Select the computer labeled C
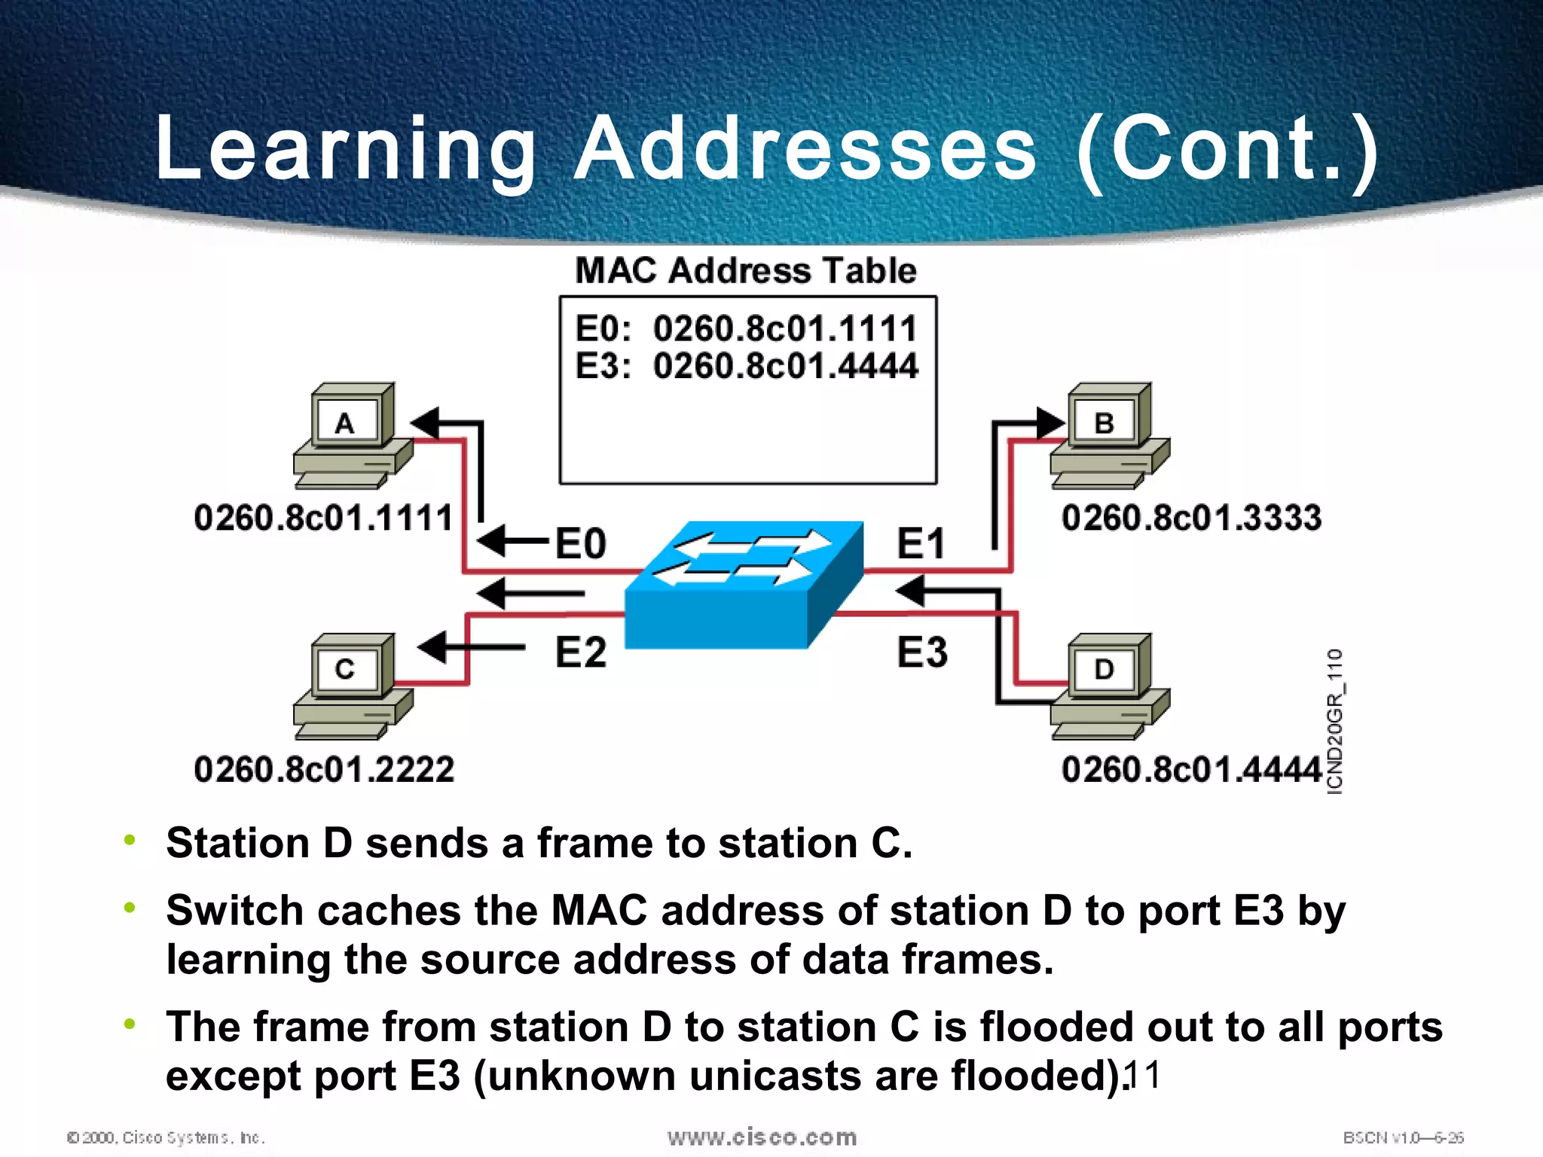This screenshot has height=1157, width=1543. coord(352,685)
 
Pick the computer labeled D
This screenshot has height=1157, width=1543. coord(1110,685)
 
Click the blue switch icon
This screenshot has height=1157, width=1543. coord(744,584)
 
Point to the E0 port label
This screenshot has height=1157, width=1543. coord(580,543)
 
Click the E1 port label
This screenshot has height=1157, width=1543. coord(921,543)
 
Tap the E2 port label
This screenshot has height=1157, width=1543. coord(580,652)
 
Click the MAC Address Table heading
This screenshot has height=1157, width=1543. coord(746,270)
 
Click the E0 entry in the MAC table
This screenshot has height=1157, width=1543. coord(746,328)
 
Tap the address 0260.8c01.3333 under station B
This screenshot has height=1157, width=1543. coord(1191,518)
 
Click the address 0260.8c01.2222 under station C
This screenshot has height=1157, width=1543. coord(324,769)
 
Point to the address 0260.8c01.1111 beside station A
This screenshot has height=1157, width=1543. coord(324,518)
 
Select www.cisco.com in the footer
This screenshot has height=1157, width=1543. coord(762,1137)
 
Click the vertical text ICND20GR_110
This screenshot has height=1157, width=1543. coord(1334,721)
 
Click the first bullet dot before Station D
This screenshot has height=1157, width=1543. coord(130,840)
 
